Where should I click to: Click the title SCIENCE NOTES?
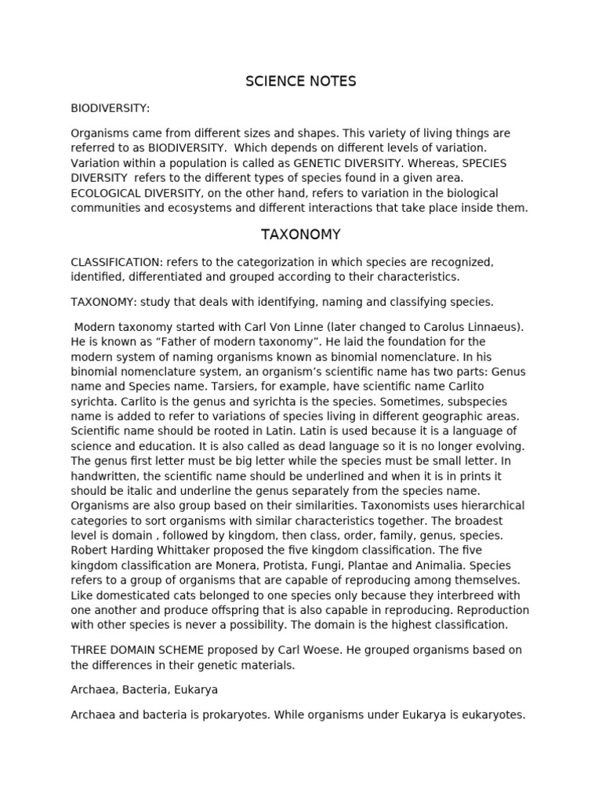tap(300, 82)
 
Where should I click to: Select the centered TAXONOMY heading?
tap(300, 234)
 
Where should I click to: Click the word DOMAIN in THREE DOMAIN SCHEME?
tap(140, 650)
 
